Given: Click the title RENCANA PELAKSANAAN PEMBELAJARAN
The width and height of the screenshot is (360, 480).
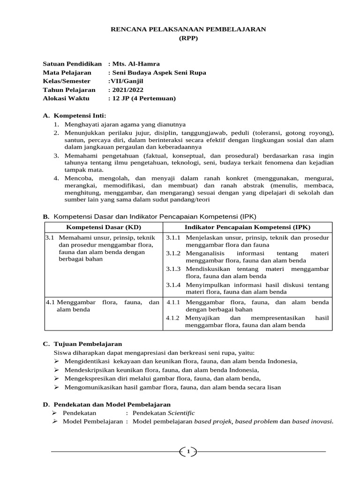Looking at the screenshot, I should tap(187, 29).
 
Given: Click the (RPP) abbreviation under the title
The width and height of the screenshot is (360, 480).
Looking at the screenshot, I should tap(187, 38).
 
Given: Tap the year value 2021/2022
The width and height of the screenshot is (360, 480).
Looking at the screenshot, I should tap(127, 90).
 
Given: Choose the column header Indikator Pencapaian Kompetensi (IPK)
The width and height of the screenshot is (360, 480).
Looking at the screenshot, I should tap(247, 227).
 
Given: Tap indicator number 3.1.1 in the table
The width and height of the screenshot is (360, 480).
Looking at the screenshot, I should tap(173, 238).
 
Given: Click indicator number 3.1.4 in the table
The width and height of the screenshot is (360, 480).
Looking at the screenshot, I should tap(173, 285).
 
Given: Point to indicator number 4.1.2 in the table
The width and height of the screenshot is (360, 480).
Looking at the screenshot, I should tap(173, 318).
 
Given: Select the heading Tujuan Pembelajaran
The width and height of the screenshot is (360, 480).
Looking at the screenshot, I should tap(88, 344).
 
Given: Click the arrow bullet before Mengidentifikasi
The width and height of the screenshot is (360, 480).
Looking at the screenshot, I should tap(56, 361).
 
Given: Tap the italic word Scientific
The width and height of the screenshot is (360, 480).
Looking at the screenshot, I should tap(181, 413).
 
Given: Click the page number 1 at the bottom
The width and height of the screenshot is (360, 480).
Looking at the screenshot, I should tap(188, 452).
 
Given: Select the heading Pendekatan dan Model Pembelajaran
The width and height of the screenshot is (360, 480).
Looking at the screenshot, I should tap(112, 404).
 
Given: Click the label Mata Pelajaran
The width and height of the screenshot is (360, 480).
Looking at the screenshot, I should tap(67, 73).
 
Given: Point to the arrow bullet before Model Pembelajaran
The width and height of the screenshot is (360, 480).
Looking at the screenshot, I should tap(54, 421).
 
